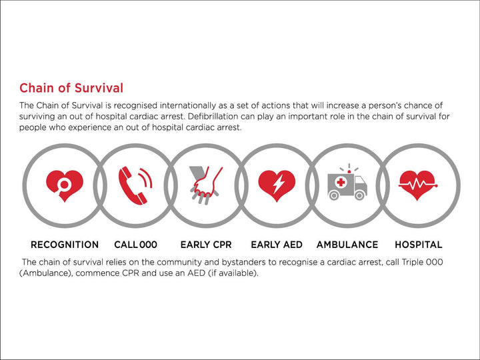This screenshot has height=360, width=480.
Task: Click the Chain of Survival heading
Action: pyautogui.click(x=71, y=88)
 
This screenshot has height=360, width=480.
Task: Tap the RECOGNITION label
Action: pyautogui.click(x=65, y=245)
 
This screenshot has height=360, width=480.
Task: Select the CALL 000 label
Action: pyautogui.click(x=135, y=245)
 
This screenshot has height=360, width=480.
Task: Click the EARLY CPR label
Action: pyautogui.click(x=205, y=245)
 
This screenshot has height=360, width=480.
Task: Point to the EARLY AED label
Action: pyautogui.click(x=276, y=245)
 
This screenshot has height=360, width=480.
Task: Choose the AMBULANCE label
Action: pyautogui.click(x=347, y=245)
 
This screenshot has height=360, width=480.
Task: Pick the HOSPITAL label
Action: pyautogui.click(x=418, y=245)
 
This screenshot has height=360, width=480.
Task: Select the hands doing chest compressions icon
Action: pyautogui.click(x=205, y=183)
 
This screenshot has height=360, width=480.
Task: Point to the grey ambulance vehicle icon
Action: pyautogui.click(x=347, y=184)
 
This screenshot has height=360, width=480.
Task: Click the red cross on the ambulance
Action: pyautogui.click(x=341, y=182)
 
